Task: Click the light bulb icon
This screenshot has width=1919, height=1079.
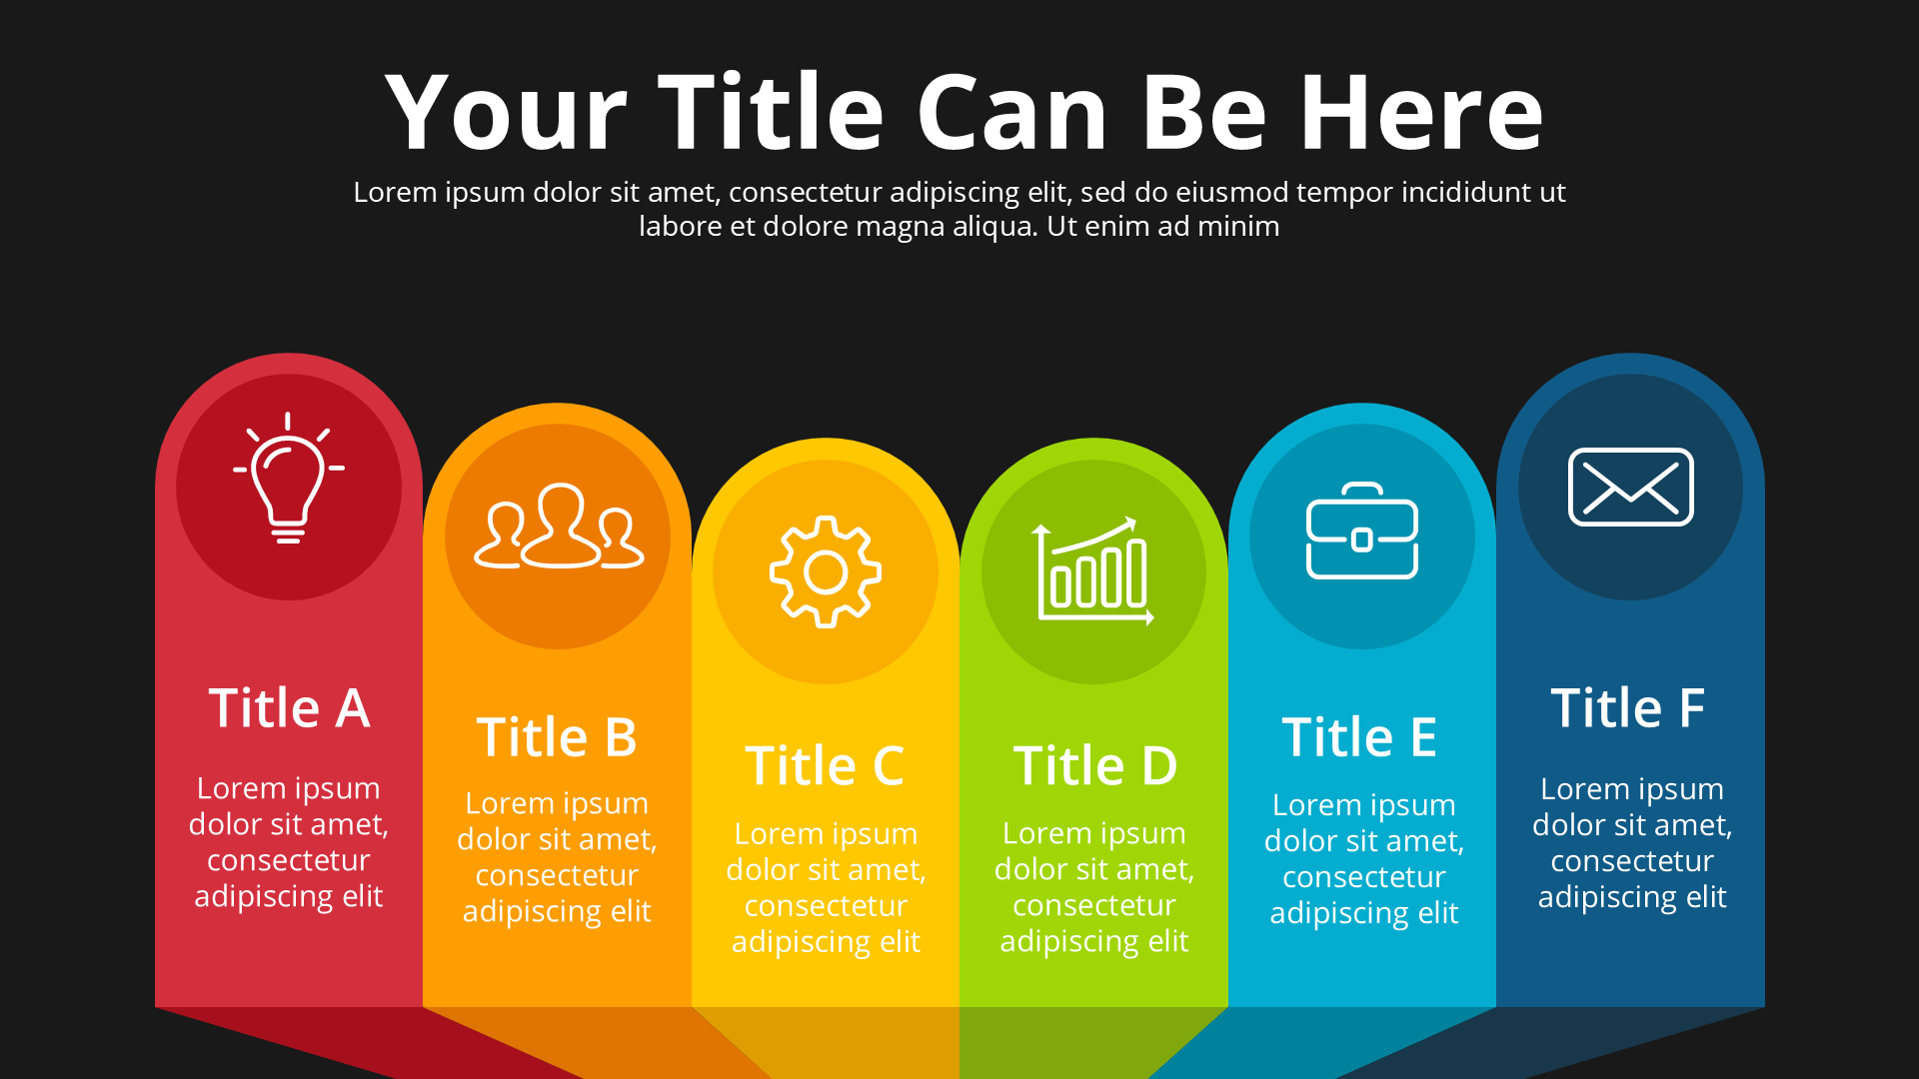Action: [289, 478]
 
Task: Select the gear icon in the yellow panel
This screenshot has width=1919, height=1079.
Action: [826, 572]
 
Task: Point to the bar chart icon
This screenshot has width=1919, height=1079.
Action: [1093, 570]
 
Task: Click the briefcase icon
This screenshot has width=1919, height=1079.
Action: [1362, 531]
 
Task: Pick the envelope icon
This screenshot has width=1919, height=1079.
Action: [1631, 487]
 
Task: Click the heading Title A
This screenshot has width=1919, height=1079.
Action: [290, 707]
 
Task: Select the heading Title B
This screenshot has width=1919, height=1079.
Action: [557, 737]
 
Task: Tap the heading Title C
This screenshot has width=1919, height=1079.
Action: [825, 766]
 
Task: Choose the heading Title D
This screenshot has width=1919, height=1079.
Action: [1095, 766]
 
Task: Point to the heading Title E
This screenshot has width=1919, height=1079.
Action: [1359, 737]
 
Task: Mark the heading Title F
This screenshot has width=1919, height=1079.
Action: [1628, 707]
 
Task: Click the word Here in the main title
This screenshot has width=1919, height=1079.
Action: [1421, 112]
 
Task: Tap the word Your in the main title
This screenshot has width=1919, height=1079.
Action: [506, 112]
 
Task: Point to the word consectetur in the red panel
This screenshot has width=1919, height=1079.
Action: [289, 860]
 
